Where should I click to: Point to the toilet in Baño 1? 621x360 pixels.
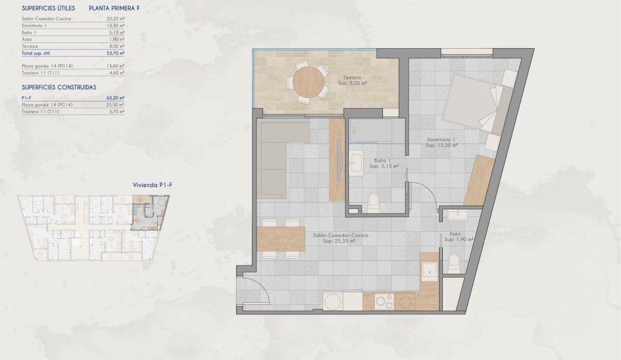(x=374, y=201)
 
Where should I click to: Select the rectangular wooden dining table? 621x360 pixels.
(x=281, y=239)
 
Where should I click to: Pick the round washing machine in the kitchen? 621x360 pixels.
(x=333, y=301)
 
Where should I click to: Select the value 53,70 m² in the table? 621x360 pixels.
(x=117, y=52)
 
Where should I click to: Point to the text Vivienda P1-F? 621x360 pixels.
(x=153, y=185)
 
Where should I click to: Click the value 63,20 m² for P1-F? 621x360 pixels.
(x=117, y=98)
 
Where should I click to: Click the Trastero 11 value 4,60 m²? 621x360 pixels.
(x=118, y=73)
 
